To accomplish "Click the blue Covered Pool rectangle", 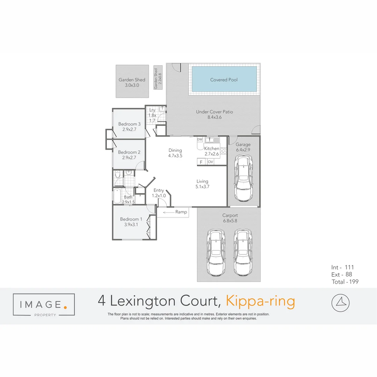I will click(224, 80).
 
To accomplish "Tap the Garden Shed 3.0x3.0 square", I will click(132, 82).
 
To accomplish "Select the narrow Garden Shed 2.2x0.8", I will click(158, 77).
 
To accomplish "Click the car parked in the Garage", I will click(243, 178).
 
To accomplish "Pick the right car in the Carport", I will click(243, 252).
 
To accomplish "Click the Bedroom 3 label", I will click(129, 124).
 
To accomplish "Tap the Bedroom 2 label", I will click(129, 152).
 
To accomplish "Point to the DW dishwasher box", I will click(200, 140).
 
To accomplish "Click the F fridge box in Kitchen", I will click(201, 162).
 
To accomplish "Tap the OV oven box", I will click(210, 162).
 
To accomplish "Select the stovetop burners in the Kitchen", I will click(223, 151).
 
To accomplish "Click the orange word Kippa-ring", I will click(260, 301).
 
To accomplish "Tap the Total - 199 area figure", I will click(345, 282).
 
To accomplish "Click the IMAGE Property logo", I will click(44, 305).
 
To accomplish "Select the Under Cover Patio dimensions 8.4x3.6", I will click(214, 117).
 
